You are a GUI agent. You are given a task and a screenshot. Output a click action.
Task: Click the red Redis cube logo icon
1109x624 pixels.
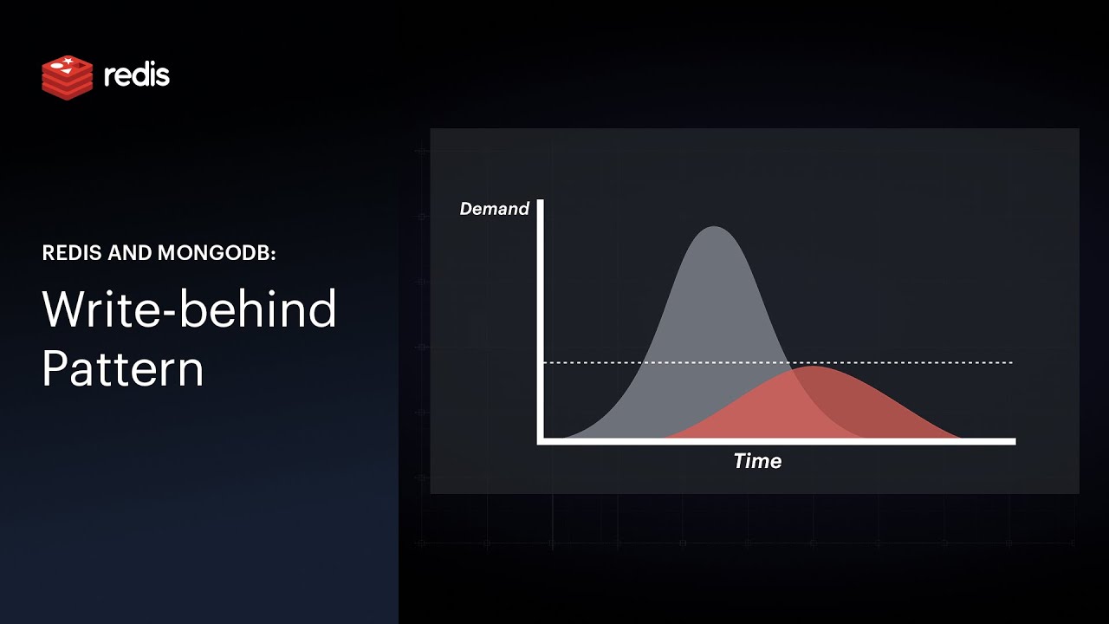pos(67,76)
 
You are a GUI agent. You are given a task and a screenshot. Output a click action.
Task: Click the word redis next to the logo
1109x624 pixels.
pos(137,75)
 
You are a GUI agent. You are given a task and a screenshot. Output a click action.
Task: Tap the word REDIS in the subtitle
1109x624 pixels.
pos(71,253)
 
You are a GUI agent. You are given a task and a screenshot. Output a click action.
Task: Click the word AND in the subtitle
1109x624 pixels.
pos(129,253)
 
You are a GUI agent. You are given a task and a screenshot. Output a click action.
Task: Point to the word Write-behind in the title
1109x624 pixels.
pos(189,309)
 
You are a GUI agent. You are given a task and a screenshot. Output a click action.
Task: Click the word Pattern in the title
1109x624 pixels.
pos(122,368)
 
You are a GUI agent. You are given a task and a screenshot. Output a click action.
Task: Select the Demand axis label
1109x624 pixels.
pos(494,209)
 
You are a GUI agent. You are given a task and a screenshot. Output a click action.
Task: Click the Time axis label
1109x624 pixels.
pos(757,461)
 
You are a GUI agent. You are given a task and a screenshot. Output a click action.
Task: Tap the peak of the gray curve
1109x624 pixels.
pos(714,228)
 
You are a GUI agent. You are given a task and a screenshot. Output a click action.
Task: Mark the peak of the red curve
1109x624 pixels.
pos(813,367)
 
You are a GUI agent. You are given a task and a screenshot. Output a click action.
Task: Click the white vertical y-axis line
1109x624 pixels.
pos(541,321)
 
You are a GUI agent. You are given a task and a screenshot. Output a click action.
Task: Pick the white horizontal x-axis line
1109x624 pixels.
pos(780,441)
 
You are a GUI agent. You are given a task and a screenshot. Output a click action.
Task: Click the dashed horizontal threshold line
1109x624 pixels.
pos(910,362)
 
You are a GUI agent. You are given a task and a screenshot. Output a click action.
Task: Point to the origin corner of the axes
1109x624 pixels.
pos(541,441)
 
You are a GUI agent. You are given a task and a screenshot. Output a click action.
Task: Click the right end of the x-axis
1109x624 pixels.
pos(1012,441)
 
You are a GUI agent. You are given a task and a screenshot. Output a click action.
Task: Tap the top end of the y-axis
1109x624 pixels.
pos(541,203)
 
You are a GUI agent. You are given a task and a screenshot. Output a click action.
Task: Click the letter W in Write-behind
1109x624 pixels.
pos(64,309)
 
